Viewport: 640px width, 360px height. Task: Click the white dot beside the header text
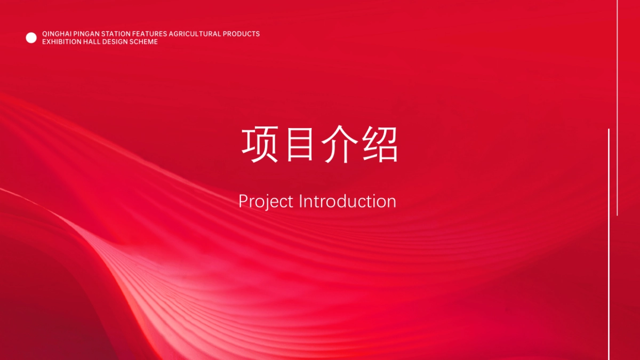click(31, 38)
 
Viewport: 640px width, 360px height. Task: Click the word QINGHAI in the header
click(57, 34)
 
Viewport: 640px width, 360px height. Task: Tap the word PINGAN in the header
click(86, 34)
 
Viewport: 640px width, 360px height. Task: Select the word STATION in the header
click(116, 34)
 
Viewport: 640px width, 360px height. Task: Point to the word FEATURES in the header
click(149, 34)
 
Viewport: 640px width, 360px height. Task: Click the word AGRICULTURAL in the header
click(195, 34)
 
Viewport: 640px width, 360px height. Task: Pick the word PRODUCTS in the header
click(242, 34)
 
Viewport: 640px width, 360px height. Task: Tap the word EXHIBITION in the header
click(62, 42)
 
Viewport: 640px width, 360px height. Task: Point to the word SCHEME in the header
click(143, 42)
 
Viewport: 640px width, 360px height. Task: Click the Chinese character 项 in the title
click(259, 145)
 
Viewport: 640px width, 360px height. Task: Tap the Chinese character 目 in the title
click(300, 145)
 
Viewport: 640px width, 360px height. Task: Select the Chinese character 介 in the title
click(339, 145)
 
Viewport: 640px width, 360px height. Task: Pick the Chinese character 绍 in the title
click(380, 145)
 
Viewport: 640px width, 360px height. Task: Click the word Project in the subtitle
click(266, 202)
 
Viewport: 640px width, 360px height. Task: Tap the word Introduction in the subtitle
click(347, 201)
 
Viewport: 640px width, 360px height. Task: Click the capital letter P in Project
click(243, 201)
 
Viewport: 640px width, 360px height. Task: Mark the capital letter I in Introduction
click(300, 201)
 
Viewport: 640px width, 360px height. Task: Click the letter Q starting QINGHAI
click(45, 34)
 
